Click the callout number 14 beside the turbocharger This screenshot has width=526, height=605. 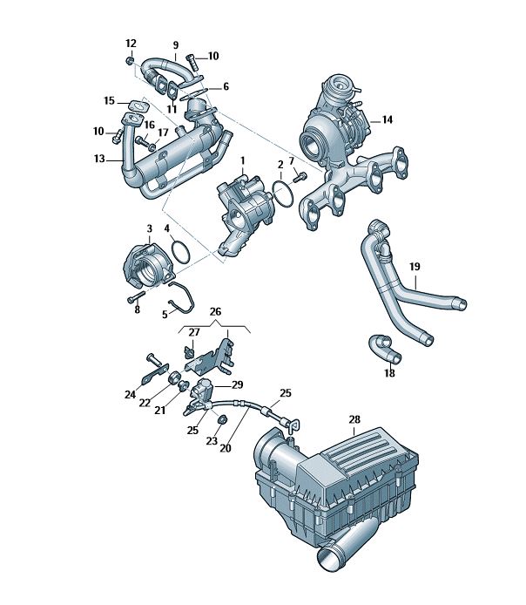pyautogui.click(x=387, y=119)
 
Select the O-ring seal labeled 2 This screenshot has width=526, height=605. pyautogui.click(x=282, y=194)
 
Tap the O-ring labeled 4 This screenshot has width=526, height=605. pyautogui.click(x=180, y=252)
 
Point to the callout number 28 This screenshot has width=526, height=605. pyautogui.click(x=354, y=419)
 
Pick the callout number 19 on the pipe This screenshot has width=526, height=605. pyautogui.click(x=415, y=266)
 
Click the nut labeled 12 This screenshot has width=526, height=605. pyautogui.click(x=131, y=60)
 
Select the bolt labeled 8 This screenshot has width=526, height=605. pyautogui.click(x=136, y=297)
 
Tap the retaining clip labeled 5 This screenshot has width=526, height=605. pyautogui.click(x=182, y=297)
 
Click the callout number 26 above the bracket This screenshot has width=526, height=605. pyautogui.click(x=215, y=311)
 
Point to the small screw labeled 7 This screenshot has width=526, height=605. pyautogui.click(x=299, y=178)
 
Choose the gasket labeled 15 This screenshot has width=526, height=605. pyautogui.click(x=138, y=105)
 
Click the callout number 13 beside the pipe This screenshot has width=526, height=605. pyautogui.click(x=99, y=158)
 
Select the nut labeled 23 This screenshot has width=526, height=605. pyautogui.click(x=222, y=419)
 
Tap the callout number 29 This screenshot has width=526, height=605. pyautogui.click(x=237, y=384)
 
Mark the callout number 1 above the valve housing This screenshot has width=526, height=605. pyautogui.click(x=243, y=160)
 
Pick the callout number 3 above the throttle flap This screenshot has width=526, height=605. pyautogui.click(x=150, y=228)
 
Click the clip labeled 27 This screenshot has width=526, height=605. pyautogui.click(x=189, y=352)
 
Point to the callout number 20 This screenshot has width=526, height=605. pyautogui.click(x=226, y=448)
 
